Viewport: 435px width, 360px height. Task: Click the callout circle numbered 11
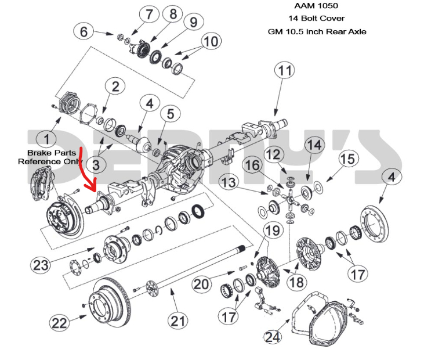284,71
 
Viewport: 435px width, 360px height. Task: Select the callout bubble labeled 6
85,31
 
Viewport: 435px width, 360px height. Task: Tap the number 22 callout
60,322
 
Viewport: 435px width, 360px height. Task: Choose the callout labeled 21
177,320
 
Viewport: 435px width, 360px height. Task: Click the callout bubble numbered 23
41,266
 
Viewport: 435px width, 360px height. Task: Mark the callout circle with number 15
348,158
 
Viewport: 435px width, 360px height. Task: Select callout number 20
201,284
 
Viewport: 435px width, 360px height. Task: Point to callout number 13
229,183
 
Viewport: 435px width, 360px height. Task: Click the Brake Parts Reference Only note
47,157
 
